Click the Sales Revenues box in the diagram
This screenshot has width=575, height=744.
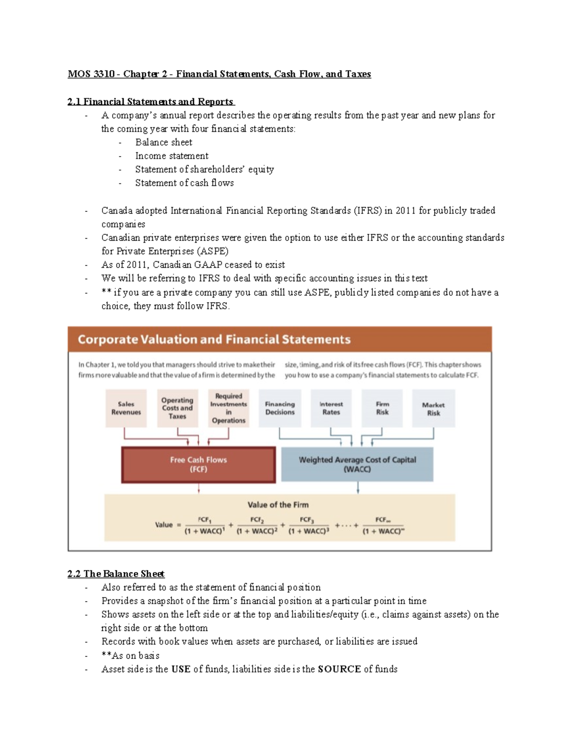click(126, 408)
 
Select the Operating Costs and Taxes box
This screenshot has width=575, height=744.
click(177, 408)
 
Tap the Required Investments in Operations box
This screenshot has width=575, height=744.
click(229, 408)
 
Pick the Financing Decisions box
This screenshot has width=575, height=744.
click(280, 408)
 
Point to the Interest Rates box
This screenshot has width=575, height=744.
click(331, 408)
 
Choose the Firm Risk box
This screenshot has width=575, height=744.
click(382, 408)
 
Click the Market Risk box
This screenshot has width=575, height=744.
click(433, 409)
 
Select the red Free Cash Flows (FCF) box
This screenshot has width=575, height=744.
click(198, 465)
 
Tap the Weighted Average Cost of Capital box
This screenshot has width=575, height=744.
click(357, 464)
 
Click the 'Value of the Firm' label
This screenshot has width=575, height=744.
click(278, 504)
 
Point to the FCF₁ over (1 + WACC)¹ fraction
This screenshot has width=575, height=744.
click(205, 526)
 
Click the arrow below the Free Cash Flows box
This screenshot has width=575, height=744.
click(199, 488)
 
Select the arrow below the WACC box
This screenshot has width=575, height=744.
click(358, 488)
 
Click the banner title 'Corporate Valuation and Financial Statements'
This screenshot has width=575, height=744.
click(214, 340)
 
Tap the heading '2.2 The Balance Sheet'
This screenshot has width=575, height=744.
click(116, 574)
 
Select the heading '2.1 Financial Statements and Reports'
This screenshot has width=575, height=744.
click(151, 102)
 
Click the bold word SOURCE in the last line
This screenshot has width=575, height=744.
click(339, 669)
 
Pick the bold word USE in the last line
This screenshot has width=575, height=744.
click(181, 669)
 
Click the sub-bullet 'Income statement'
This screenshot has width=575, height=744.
click(172, 156)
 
